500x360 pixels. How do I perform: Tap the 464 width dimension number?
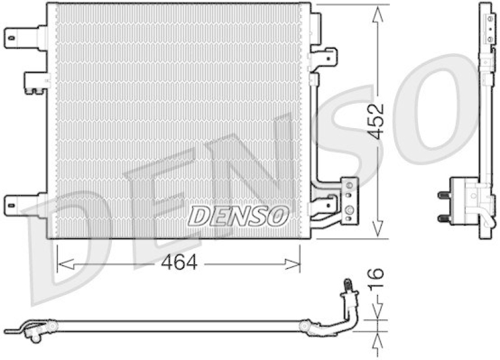182,263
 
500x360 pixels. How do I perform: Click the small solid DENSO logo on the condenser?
238,216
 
